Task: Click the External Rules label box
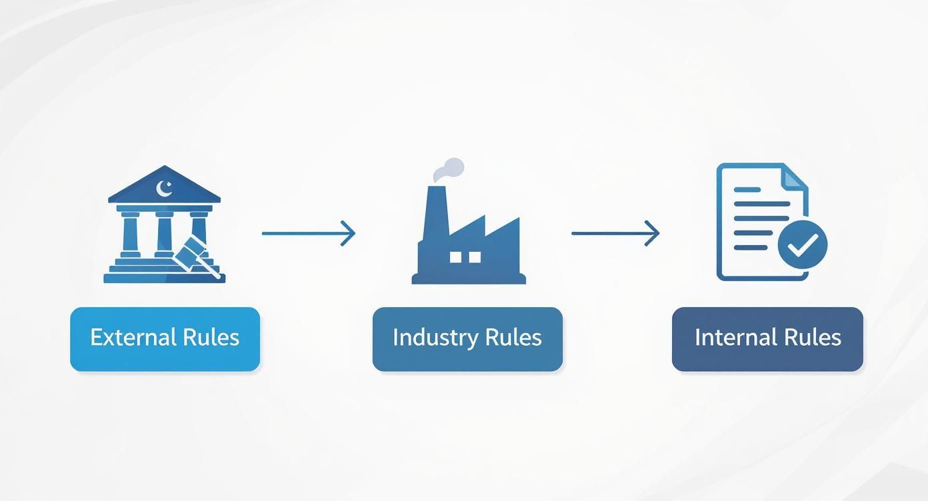(x=165, y=339)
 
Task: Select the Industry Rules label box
(x=467, y=339)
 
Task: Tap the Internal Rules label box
(x=767, y=339)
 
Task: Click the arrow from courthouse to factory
(x=308, y=233)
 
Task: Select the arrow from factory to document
(x=615, y=233)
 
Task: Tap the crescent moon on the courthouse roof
(x=164, y=189)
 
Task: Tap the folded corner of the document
(x=793, y=176)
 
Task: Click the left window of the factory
(x=456, y=256)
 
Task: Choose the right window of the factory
(x=475, y=256)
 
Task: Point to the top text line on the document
(x=747, y=190)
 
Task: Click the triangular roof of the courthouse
(x=164, y=186)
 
